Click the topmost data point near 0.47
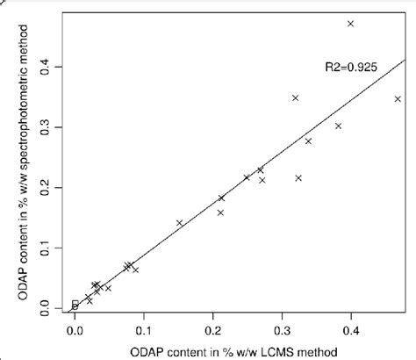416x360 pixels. point(350,24)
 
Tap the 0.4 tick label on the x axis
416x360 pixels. point(351,332)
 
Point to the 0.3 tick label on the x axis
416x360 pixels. point(283,332)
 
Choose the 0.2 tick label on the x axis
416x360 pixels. point(213,332)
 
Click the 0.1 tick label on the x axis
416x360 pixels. point(145,332)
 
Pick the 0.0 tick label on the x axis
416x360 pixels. point(75,332)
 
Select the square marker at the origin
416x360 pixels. point(75,305)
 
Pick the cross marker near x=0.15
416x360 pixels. point(180,223)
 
